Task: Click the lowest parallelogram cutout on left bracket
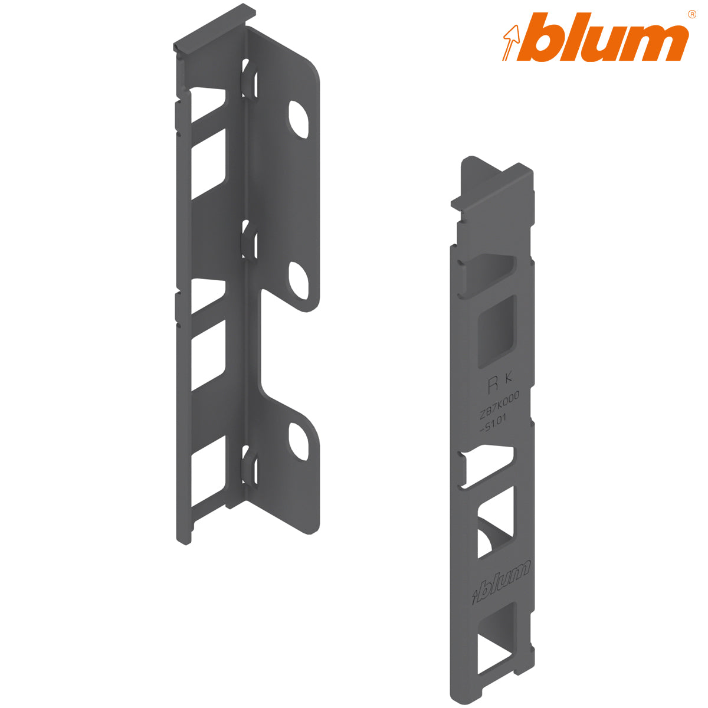click(x=208, y=475)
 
